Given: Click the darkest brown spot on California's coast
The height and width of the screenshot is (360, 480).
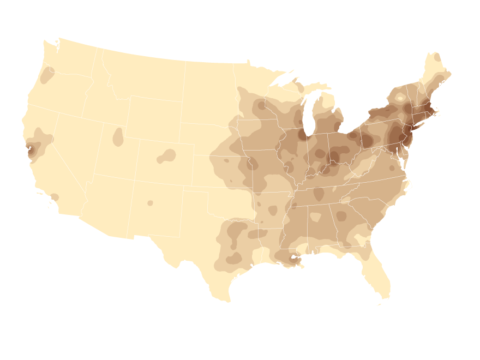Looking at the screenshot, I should point(31,150).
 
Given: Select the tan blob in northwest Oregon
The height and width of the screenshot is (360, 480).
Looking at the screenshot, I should point(47,75).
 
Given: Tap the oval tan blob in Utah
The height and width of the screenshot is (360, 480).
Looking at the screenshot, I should point(118,137).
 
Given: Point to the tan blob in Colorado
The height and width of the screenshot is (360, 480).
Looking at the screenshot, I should point(167,156).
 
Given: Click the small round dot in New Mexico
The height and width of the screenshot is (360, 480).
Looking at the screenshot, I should point(150,203).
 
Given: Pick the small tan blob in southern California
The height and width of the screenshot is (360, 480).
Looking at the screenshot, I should point(55,197).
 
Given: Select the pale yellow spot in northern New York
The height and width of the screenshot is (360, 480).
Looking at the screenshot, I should point(400,98).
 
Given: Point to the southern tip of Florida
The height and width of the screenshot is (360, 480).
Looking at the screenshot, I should point(384,297).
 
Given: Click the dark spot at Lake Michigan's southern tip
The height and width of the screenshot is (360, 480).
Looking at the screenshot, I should point(303,134).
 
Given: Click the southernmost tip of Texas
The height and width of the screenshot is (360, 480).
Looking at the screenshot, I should point(229,301).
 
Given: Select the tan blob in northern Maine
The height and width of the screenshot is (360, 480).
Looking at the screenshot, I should point(437,57).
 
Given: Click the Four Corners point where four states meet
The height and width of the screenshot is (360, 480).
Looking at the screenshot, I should point(134,181).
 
